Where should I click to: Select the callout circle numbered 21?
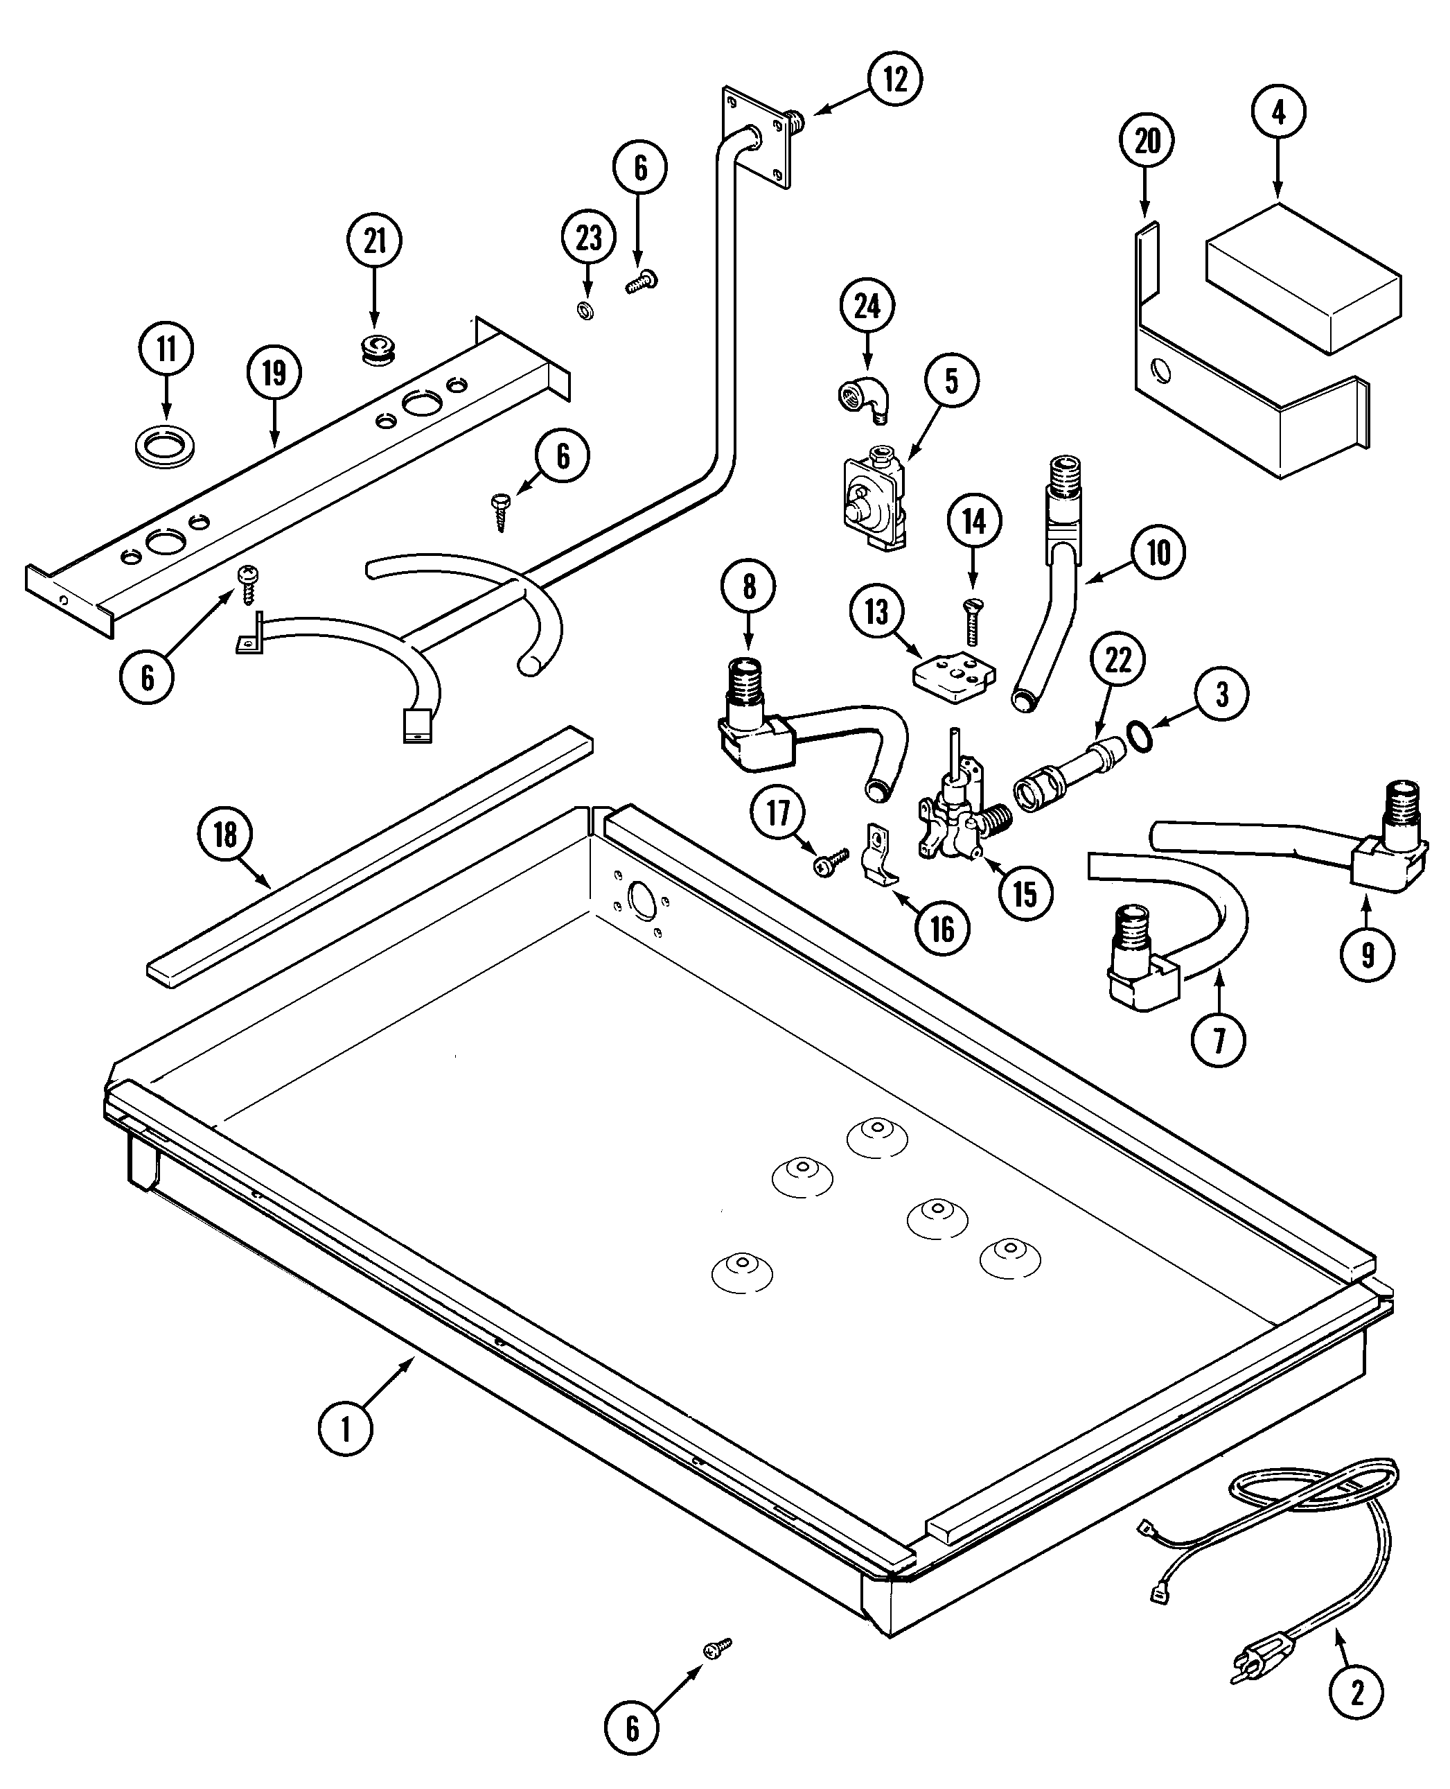pos(374,241)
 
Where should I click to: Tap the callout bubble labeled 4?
pos(1279,113)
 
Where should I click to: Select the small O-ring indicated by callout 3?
pos(1141,737)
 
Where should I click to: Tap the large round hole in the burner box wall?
pos(642,900)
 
